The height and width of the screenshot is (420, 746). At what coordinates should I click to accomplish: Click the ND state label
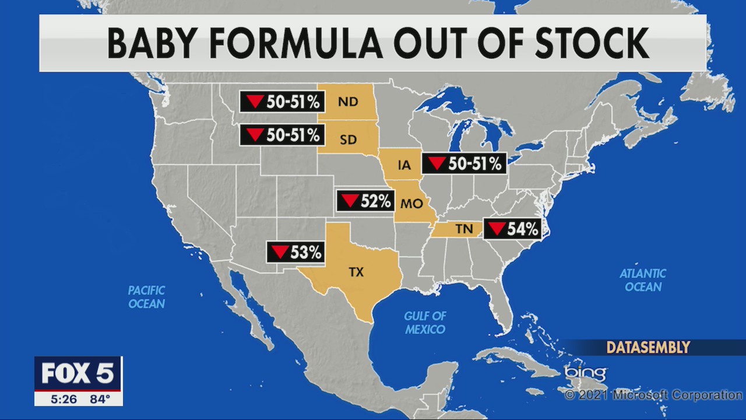pos(348,102)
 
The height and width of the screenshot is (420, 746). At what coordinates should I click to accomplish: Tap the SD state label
pos(348,139)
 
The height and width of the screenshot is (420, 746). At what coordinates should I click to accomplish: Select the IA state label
pos(404,165)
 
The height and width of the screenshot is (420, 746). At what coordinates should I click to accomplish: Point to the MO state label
pos(411,204)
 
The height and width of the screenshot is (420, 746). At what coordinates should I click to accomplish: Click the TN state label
pos(464,229)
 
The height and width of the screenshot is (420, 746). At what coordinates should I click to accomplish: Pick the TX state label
pos(356,272)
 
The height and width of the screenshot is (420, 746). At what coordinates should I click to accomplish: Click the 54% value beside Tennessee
pos(522,229)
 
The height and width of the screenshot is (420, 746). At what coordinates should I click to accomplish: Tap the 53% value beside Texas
pos(305,253)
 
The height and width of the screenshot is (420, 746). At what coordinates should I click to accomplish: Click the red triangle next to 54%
pos(496,229)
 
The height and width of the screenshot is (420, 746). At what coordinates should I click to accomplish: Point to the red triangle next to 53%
pos(279,252)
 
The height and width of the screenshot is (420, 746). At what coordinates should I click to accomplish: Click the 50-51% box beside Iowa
pos(464,164)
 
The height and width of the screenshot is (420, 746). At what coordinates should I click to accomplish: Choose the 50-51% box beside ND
pos(282,102)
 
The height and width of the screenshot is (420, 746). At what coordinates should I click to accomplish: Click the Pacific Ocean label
pos(147,297)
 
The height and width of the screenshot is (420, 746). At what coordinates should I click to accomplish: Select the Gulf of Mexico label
pos(425,323)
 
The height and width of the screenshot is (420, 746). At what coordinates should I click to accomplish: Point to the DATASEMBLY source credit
pos(648,348)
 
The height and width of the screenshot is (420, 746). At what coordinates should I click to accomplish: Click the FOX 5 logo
pos(78,374)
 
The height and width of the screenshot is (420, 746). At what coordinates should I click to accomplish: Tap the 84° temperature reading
pos(100,400)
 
